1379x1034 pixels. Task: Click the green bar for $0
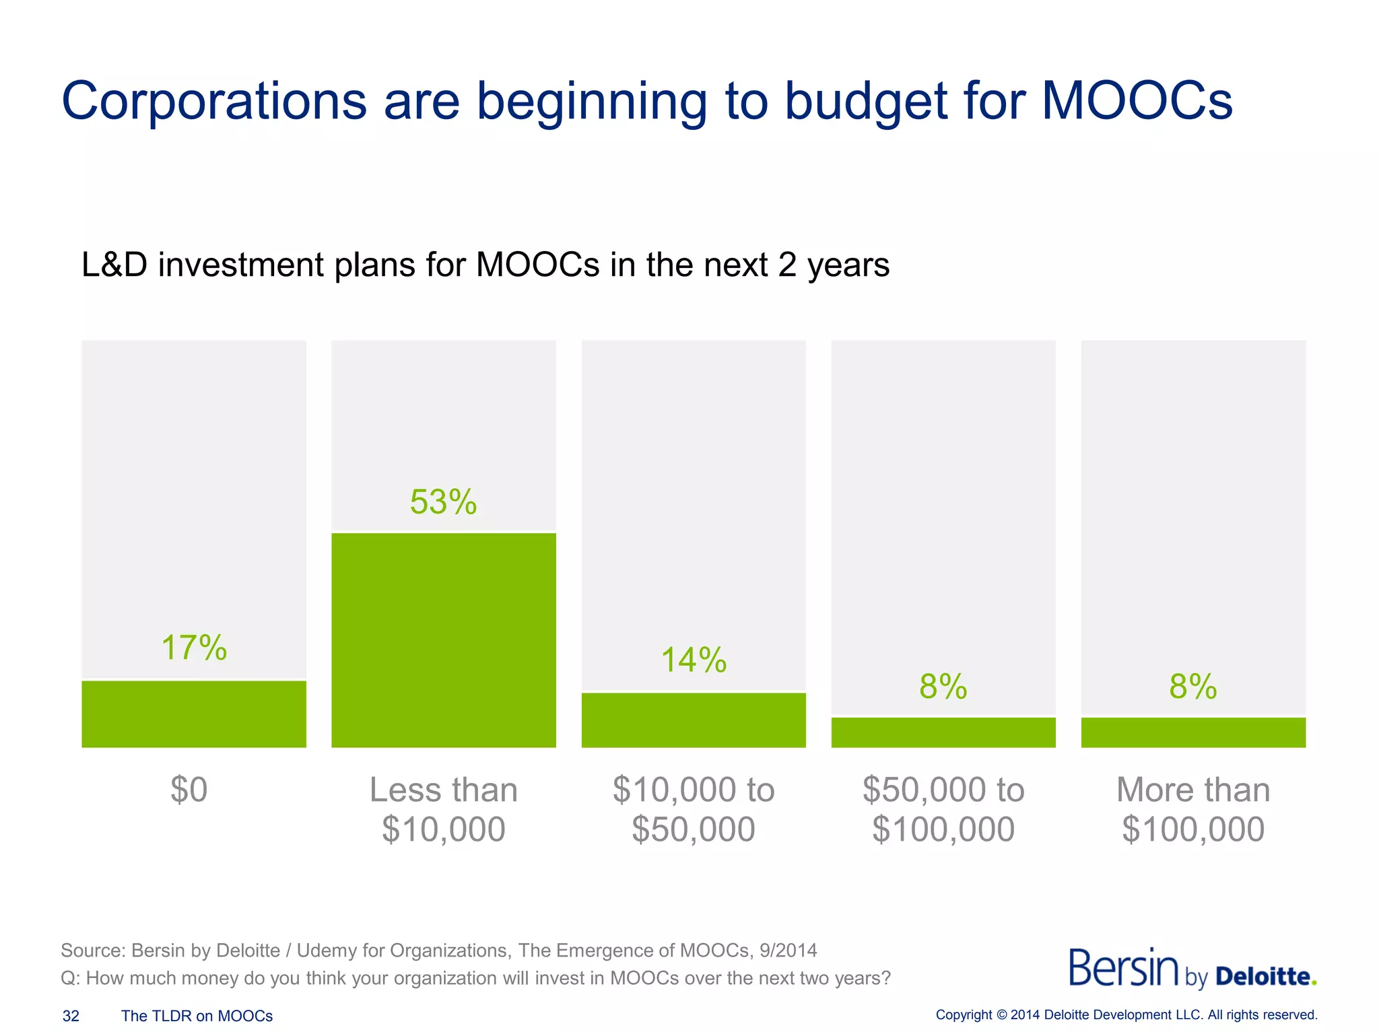pyautogui.click(x=194, y=714)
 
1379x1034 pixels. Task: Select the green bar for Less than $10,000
pyautogui.click(x=444, y=640)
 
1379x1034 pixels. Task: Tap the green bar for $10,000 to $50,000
pyautogui.click(x=694, y=720)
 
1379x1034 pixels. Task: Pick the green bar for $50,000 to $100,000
pyautogui.click(x=943, y=732)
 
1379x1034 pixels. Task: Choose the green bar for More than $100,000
pyautogui.click(x=1193, y=732)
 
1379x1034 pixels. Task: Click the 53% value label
pyautogui.click(x=443, y=502)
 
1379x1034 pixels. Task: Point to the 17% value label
pyautogui.click(x=194, y=648)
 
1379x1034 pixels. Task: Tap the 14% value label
pyautogui.click(x=694, y=660)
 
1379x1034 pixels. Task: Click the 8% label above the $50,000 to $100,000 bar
pyautogui.click(x=943, y=687)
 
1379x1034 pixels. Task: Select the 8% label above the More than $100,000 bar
pyautogui.click(x=1192, y=687)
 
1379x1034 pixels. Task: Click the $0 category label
pyautogui.click(x=189, y=789)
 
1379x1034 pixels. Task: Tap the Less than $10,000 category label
pyautogui.click(x=444, y=809)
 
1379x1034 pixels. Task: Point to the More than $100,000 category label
pyautogui.click(x=1193, y=809)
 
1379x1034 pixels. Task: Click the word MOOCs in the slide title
pyautogui.click(x=1137, y=101)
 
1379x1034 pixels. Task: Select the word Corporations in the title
pyautogui.click(x=214, y=101)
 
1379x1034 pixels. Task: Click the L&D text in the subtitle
pyautogui.click(x=114, y=265)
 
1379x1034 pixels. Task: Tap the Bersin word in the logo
pyautogui.click(x=1123, y=968)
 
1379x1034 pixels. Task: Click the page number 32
pyautogui.click(x=71, y=1016)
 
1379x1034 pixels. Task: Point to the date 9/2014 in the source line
pyautogui.click(x=788, y=951)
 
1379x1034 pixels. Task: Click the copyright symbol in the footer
pyautogui.click(x=1001, y=1014)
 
